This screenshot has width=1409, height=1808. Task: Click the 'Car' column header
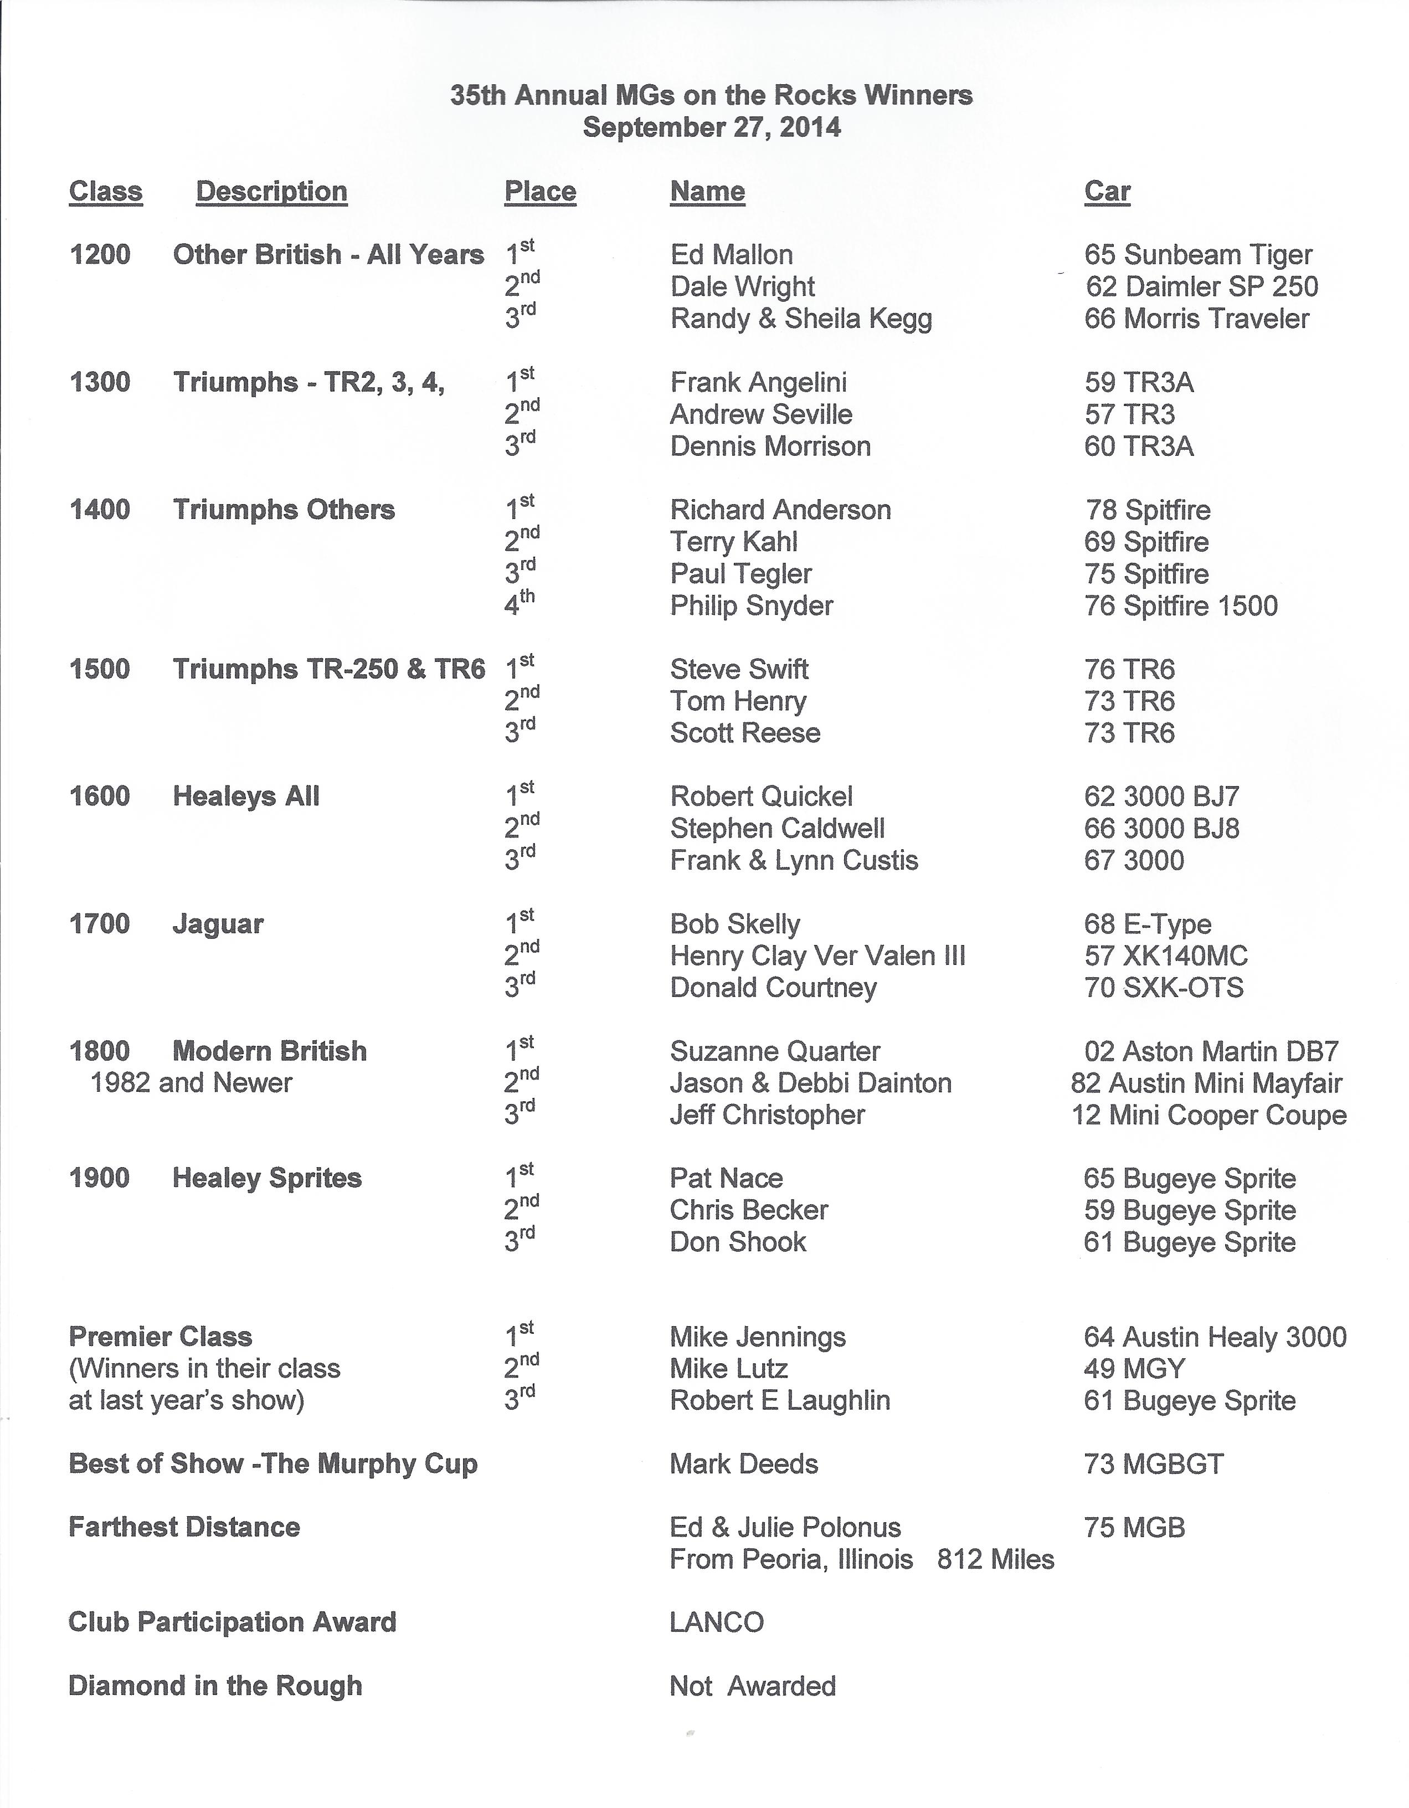[x=1107, y=191]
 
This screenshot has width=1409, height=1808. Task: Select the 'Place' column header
[x=540, y=191]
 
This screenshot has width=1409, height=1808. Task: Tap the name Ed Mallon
[x=731, y=254]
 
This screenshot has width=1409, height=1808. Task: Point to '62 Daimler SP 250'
[x=1201, y=286]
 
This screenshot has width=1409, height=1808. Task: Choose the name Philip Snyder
[x=751, y=606]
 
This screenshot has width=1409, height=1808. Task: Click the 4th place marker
[x=519, y=603]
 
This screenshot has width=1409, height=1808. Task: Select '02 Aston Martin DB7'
[x=1211, y=1051]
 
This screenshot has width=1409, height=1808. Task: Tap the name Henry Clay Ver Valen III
[x=817, y=956]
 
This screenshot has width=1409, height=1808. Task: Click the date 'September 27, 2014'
[x=711, y=127]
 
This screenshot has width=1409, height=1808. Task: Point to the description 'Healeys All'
[x=246, y=797]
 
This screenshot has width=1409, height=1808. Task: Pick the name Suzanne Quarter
[x=775, y=1051]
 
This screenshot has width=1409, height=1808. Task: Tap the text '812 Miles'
[x=995, y=1560]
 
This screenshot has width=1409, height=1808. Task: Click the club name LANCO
[x=716, y=1622]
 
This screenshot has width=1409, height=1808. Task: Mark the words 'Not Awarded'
[x=753, y=1686]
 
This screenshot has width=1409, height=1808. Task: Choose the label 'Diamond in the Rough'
[x=215, y=1686]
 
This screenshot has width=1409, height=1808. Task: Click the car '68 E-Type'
[x=1148, y=924]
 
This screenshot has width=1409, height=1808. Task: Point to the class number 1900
[x=99, y=1178]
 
